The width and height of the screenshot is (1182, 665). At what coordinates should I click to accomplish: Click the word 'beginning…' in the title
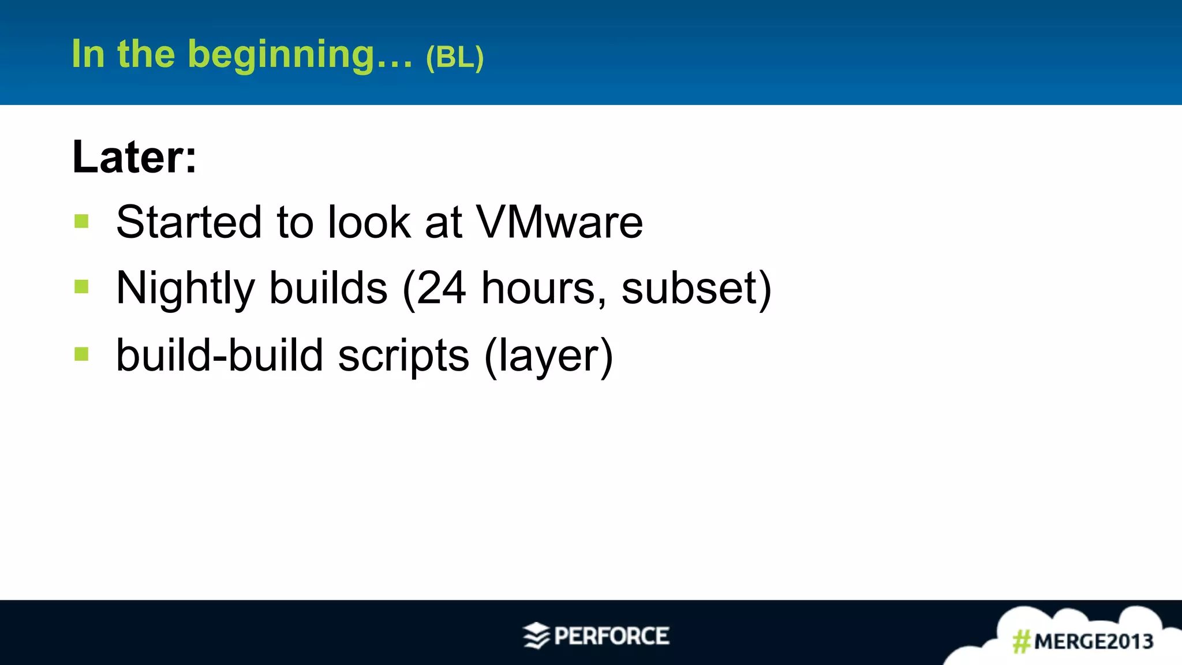tap(300, 55)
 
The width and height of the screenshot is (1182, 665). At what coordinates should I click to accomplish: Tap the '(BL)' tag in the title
tap(454, 57)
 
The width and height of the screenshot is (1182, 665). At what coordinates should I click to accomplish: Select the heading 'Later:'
tap(134, 156)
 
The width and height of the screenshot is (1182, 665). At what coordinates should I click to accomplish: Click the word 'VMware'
tap(559, 222)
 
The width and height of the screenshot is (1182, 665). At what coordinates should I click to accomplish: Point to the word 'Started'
tap(189, 222)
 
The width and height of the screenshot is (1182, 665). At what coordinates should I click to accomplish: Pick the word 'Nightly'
tap(185, 289)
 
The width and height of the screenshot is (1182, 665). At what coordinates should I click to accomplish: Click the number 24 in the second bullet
tap(442, 289)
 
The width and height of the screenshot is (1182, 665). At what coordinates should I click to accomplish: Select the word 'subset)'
tap(696, 289)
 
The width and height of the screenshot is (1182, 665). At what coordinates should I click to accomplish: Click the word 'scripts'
tap(403, 356)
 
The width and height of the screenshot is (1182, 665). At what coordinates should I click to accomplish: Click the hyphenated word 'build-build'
tap(219, 356)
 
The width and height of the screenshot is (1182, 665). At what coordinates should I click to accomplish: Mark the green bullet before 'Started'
tap(81, 221)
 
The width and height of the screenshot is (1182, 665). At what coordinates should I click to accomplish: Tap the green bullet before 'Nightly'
tap(81, 287)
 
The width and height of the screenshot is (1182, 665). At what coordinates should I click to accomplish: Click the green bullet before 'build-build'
tap(81, 354)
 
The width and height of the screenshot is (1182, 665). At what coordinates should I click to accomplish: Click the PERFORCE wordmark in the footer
tap(611, 636)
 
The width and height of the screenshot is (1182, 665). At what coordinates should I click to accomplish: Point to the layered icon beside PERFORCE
tap(536, 636)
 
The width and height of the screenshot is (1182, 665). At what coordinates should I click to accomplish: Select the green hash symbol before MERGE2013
tap(1022, 641)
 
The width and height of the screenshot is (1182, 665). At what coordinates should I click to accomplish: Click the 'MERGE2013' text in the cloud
tap(1093, 641)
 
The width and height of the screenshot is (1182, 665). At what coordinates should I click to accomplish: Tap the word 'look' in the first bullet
tap(369, 222)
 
